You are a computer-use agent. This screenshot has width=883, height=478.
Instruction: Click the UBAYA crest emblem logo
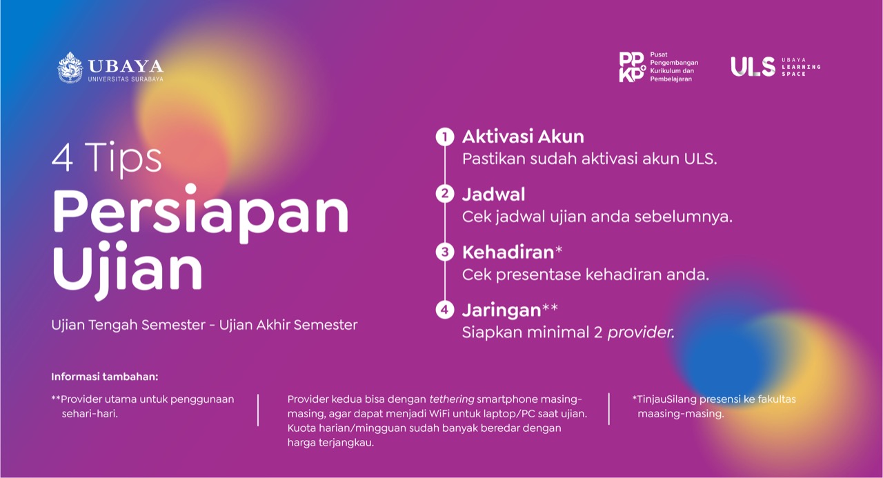[70, 68]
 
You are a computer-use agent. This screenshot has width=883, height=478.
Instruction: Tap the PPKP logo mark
[633, 67]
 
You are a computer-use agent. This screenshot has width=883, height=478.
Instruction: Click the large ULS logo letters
[753, 67]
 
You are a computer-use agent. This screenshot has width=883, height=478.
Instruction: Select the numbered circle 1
[445, 137]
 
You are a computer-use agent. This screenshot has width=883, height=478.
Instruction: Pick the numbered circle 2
[445, 194]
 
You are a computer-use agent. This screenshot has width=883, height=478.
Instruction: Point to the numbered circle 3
[445, 252]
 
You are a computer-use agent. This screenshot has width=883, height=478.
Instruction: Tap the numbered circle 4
[445, 310]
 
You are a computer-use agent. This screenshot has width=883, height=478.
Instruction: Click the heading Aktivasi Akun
[523, 137]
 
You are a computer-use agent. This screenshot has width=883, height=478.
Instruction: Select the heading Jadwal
[493, 195]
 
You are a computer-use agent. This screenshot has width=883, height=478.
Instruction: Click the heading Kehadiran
[508, 252]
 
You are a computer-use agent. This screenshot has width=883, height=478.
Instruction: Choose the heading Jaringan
[502, 310]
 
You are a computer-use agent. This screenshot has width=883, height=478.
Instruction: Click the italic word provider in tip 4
[641, 332]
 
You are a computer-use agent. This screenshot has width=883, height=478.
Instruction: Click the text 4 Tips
[106, 158]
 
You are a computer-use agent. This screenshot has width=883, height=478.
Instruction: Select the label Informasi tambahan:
[104, 377]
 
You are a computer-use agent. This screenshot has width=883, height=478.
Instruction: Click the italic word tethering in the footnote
[451, 399]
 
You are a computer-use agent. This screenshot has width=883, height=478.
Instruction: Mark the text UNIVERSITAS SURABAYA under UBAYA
[126, 79]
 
